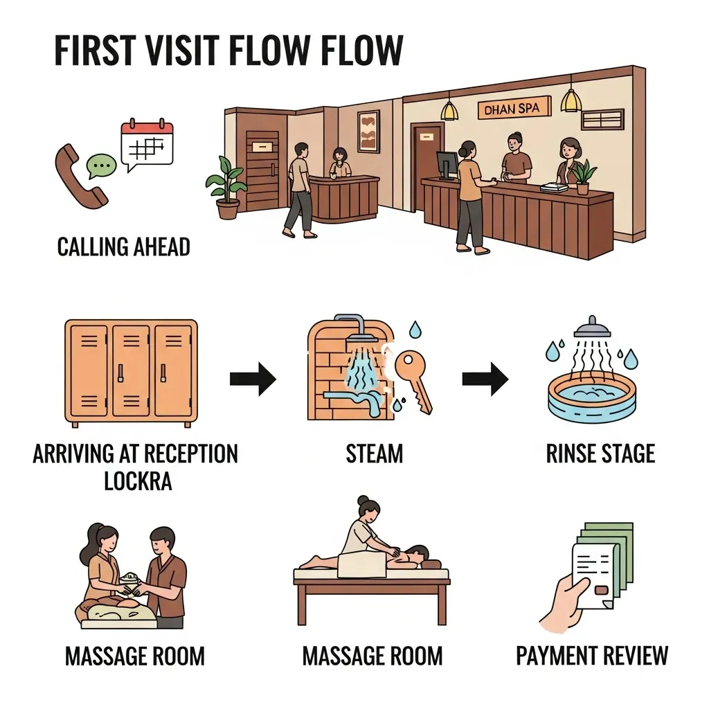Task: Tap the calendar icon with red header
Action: click(147, 143)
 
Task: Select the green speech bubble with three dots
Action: click(101, 166)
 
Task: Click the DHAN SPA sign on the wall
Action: click(514, 109)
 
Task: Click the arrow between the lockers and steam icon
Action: click(253, 379)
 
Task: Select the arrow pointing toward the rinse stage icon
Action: click(485, 379)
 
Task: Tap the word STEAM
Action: click(375, 454)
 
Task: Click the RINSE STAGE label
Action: click(600, 454)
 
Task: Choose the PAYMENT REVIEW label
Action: click(592, 656)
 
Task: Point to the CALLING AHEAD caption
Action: click(123, 247)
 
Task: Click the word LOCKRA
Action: click(138, 481)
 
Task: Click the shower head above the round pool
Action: click(592, 328)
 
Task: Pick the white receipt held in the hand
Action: click(593, 575)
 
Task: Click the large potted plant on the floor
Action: click(226, 187)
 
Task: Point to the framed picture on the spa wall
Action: click(368, 131)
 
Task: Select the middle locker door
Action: click(131, 370)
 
